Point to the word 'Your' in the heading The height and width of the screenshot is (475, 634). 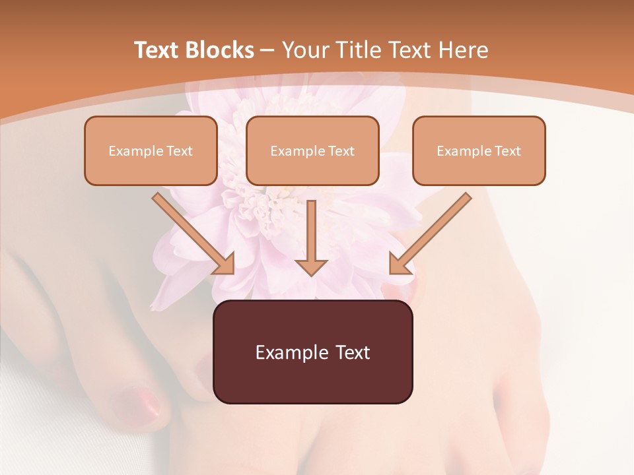click(x=302, y=50)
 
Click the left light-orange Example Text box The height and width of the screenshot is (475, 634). click(x=151, y=150)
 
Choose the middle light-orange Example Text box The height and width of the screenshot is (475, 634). click(x=312, y=150)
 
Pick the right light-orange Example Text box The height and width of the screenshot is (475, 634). click(x=479, y=150)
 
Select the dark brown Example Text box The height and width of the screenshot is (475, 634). click(x=313, y=352)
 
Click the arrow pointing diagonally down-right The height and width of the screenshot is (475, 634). click(x=194, y=234)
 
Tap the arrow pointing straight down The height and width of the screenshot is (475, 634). click(x=312, y=237)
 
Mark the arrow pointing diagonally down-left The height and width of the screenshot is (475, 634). click(x=430, y=234)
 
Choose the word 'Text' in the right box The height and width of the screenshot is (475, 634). click(x=507, y=151)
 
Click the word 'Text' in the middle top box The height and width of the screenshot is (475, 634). click(x=341, y=151)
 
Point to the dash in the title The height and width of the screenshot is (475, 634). click(x=267, y=51)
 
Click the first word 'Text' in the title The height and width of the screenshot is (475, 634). click(x=157, y=50)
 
